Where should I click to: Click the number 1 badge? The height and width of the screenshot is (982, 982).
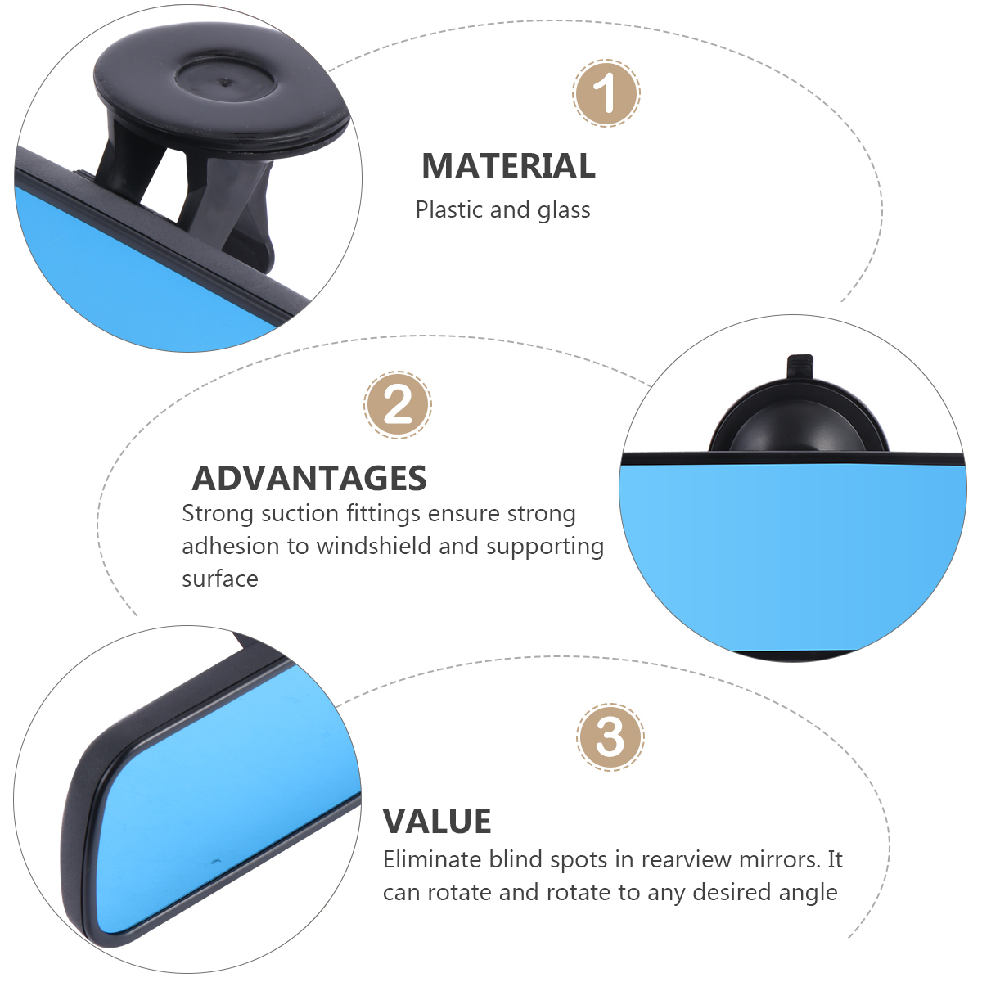[606, 93]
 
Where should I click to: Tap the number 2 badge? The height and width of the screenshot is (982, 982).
[398, 404]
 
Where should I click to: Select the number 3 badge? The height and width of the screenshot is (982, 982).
[610, 736]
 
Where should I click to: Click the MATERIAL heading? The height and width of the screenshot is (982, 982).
[508, 165]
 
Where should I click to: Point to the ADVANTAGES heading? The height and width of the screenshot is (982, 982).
[309, 478]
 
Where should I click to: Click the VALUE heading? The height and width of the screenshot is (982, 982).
[437, 821]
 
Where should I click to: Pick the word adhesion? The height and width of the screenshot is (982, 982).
[230, 546]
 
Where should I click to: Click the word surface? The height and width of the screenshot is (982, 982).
[220, 579]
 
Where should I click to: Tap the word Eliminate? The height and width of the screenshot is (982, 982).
[432, 859]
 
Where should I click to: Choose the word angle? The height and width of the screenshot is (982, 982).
[809, 894]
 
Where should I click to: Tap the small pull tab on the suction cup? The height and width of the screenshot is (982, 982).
[800, 368]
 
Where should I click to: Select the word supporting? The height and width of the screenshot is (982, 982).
[545, 547]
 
